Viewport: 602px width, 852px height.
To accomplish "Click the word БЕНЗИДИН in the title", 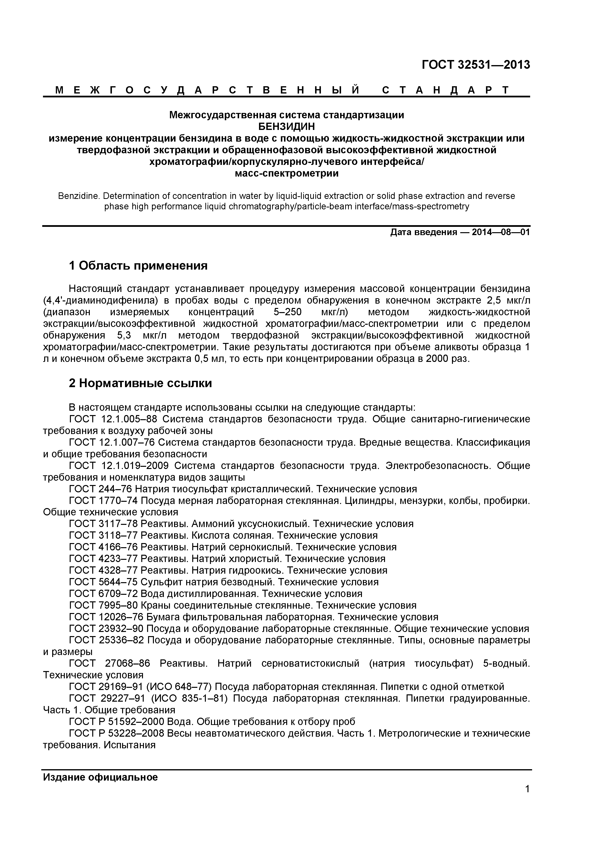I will click(286, 127).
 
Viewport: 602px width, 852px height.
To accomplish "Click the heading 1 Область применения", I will click(138, 266).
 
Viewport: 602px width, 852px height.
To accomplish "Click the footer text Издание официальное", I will click(100, 777).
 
